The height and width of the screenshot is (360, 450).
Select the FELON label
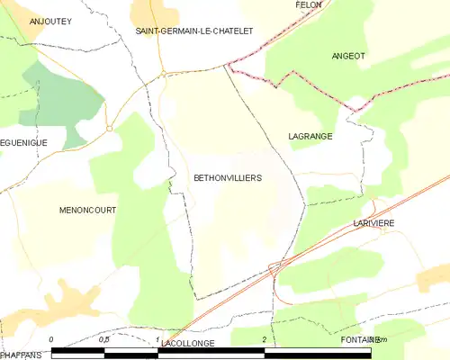point(309,4)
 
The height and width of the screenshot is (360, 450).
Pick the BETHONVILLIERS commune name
point(228,178)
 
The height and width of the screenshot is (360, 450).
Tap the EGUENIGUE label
point(22,142)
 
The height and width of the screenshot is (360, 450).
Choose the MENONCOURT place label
point(87,210)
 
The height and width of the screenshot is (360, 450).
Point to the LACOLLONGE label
point(189,344)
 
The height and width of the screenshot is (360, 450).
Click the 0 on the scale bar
point(51,338)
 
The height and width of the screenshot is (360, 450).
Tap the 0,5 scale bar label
point(104,338)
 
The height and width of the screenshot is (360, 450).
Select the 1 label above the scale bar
point(157,338)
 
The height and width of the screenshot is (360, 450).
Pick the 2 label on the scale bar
point(264,338)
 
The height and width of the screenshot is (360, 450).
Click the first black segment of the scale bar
point(78,349)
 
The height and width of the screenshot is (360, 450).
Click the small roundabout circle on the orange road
point(109,128)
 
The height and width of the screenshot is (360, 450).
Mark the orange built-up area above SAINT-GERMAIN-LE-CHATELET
point(175,11)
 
